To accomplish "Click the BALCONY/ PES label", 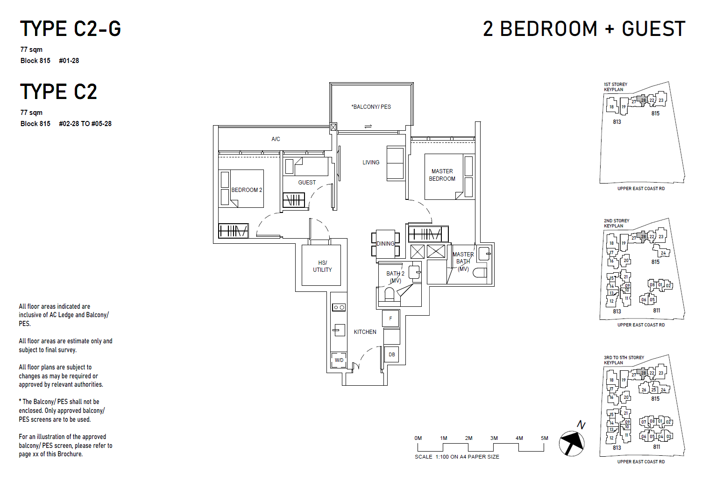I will (371, 107).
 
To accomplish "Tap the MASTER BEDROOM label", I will (442, 175).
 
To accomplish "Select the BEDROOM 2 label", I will (247, 190).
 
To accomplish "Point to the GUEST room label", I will (307, 183).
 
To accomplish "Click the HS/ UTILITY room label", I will (322, 266).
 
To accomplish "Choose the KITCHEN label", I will (365, 332).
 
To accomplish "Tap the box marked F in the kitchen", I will (391, 319).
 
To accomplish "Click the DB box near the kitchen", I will (391, 354).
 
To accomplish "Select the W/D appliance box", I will (339, 360).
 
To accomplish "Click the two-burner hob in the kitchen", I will (339, 307).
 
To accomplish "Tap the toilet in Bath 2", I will (389, 295).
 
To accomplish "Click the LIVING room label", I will (371, 163).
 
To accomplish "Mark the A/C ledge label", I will (276, 139).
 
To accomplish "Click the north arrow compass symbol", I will (572, 442).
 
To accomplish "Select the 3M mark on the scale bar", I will (494, 438).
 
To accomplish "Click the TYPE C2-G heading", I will (71, 29).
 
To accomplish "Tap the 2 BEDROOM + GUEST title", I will (584, 29).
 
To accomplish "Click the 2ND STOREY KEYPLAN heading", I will (616, 223).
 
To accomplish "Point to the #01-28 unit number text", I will (69, 61).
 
